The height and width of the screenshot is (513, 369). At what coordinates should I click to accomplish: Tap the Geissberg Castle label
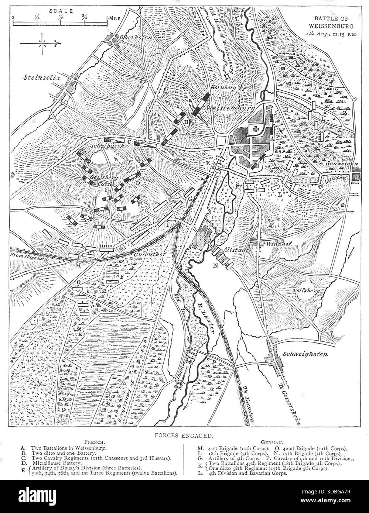point(105,180)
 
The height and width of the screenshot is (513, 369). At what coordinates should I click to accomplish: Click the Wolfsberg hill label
point(306,290)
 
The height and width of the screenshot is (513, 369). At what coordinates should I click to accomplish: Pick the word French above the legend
point(96,441)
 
